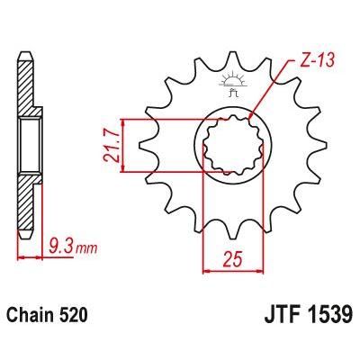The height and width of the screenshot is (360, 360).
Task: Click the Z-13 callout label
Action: click(305, 63)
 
